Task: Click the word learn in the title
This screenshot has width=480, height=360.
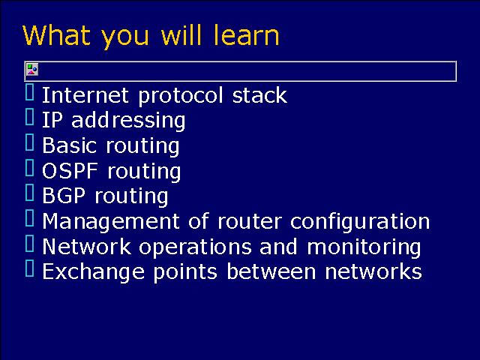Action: pos(245,35)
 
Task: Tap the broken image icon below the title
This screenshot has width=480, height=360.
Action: pos(32,70)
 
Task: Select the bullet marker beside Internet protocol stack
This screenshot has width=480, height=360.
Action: pos(30,93)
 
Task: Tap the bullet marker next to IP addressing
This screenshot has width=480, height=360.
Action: pos(30,118)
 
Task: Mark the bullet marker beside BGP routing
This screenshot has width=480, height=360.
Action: pos(30,193)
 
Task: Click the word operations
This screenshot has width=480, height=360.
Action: pos(192,247)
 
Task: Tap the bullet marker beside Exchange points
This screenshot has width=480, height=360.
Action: pos(30,269)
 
